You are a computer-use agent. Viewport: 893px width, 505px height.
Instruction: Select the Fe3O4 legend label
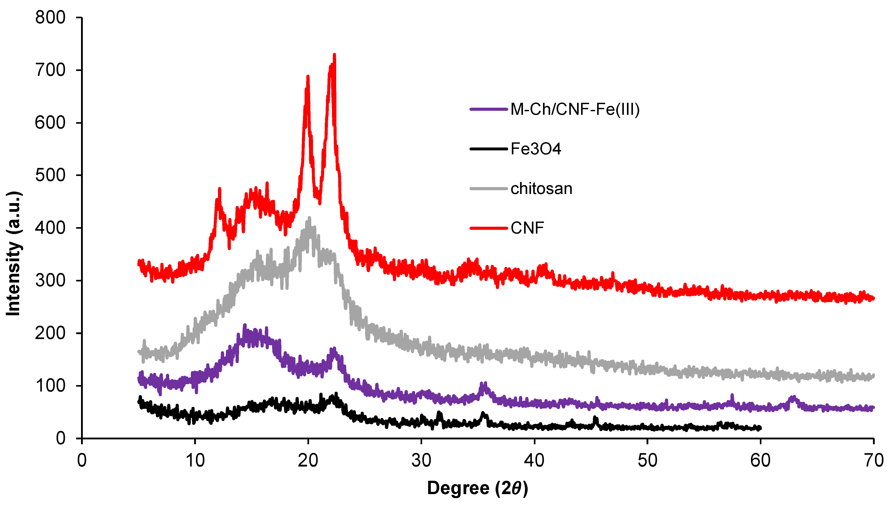535,149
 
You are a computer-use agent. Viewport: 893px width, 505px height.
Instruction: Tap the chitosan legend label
541,189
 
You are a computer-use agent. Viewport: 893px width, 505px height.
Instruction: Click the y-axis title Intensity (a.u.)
14,253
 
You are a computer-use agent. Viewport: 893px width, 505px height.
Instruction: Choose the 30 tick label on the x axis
421,461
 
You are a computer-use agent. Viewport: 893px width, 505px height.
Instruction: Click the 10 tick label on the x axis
195,461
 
